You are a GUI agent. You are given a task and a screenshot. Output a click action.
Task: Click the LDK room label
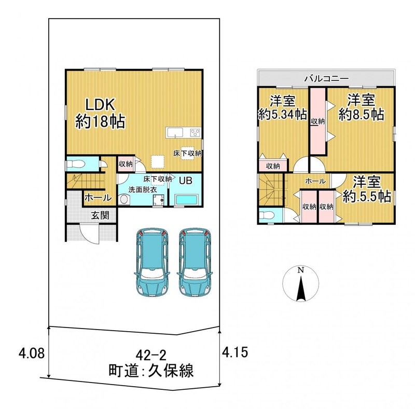pyautogui.click(x=100, y=104)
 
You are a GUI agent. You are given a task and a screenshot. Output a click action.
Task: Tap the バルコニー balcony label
pyautogui.click(x=326, y=78)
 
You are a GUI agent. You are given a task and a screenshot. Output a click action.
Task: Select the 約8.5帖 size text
pyautogui.click(x=361, y=115)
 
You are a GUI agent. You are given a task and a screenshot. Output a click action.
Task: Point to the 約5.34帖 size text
pyautogui.click(x=283, y=114)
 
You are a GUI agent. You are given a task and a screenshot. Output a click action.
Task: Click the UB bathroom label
pyautogui.click(x=186, y=181)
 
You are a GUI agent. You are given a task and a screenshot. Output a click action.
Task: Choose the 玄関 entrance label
pyautogui.click(x=100, y=215)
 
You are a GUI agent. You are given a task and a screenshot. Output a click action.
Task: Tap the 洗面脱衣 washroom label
pyautogui.click(x=143, y=189)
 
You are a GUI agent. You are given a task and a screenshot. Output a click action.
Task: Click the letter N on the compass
pyautogui.click(x=300, y=270)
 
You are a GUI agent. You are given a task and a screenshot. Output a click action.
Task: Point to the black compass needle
pyautogui.click(x=301, y=289)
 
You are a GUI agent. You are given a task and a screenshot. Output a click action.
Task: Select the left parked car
pyautogui.click(x=152, y=262)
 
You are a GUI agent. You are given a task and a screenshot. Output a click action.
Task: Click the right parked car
pyautogui.click(x=196, y=262)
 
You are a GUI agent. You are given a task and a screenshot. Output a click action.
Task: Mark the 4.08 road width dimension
pyautogui.click(x=32, y=353)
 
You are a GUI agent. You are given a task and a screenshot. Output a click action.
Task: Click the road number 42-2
pyautogui.click(x=151, y=355)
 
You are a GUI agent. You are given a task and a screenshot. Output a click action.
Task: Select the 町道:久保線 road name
pyautogui.click(x=151, y=370)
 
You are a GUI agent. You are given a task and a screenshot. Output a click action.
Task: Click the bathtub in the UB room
pyautogui.click(x=187, y=199)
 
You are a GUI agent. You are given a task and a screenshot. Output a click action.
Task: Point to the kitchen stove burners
pyautogui.click(x=196, y=132)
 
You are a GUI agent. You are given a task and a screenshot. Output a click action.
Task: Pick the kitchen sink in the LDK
pyautogui.click(x=175, y=132)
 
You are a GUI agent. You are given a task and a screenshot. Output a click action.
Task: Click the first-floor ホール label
pyautogui.click(x=98, y=198)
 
